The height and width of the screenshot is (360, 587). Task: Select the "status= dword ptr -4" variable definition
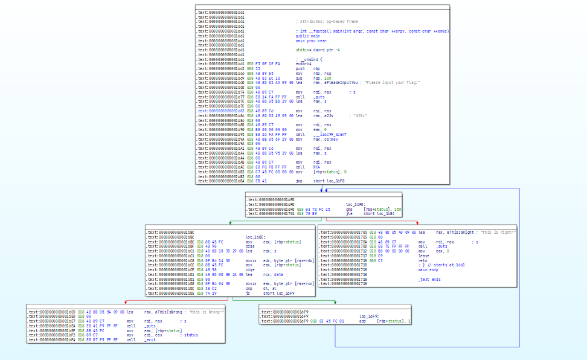pyautogui.click(x=317, y=50)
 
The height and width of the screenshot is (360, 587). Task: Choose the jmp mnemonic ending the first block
pyautogui.click(x=299, y=181)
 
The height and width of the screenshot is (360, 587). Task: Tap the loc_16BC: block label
pyautogui.click(x=254, y=237)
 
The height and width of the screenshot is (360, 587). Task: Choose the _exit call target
pyautogui.click(x=149, y=341)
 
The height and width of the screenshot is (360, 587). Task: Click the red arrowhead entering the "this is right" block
pyautogui.click(x=417, y=224)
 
